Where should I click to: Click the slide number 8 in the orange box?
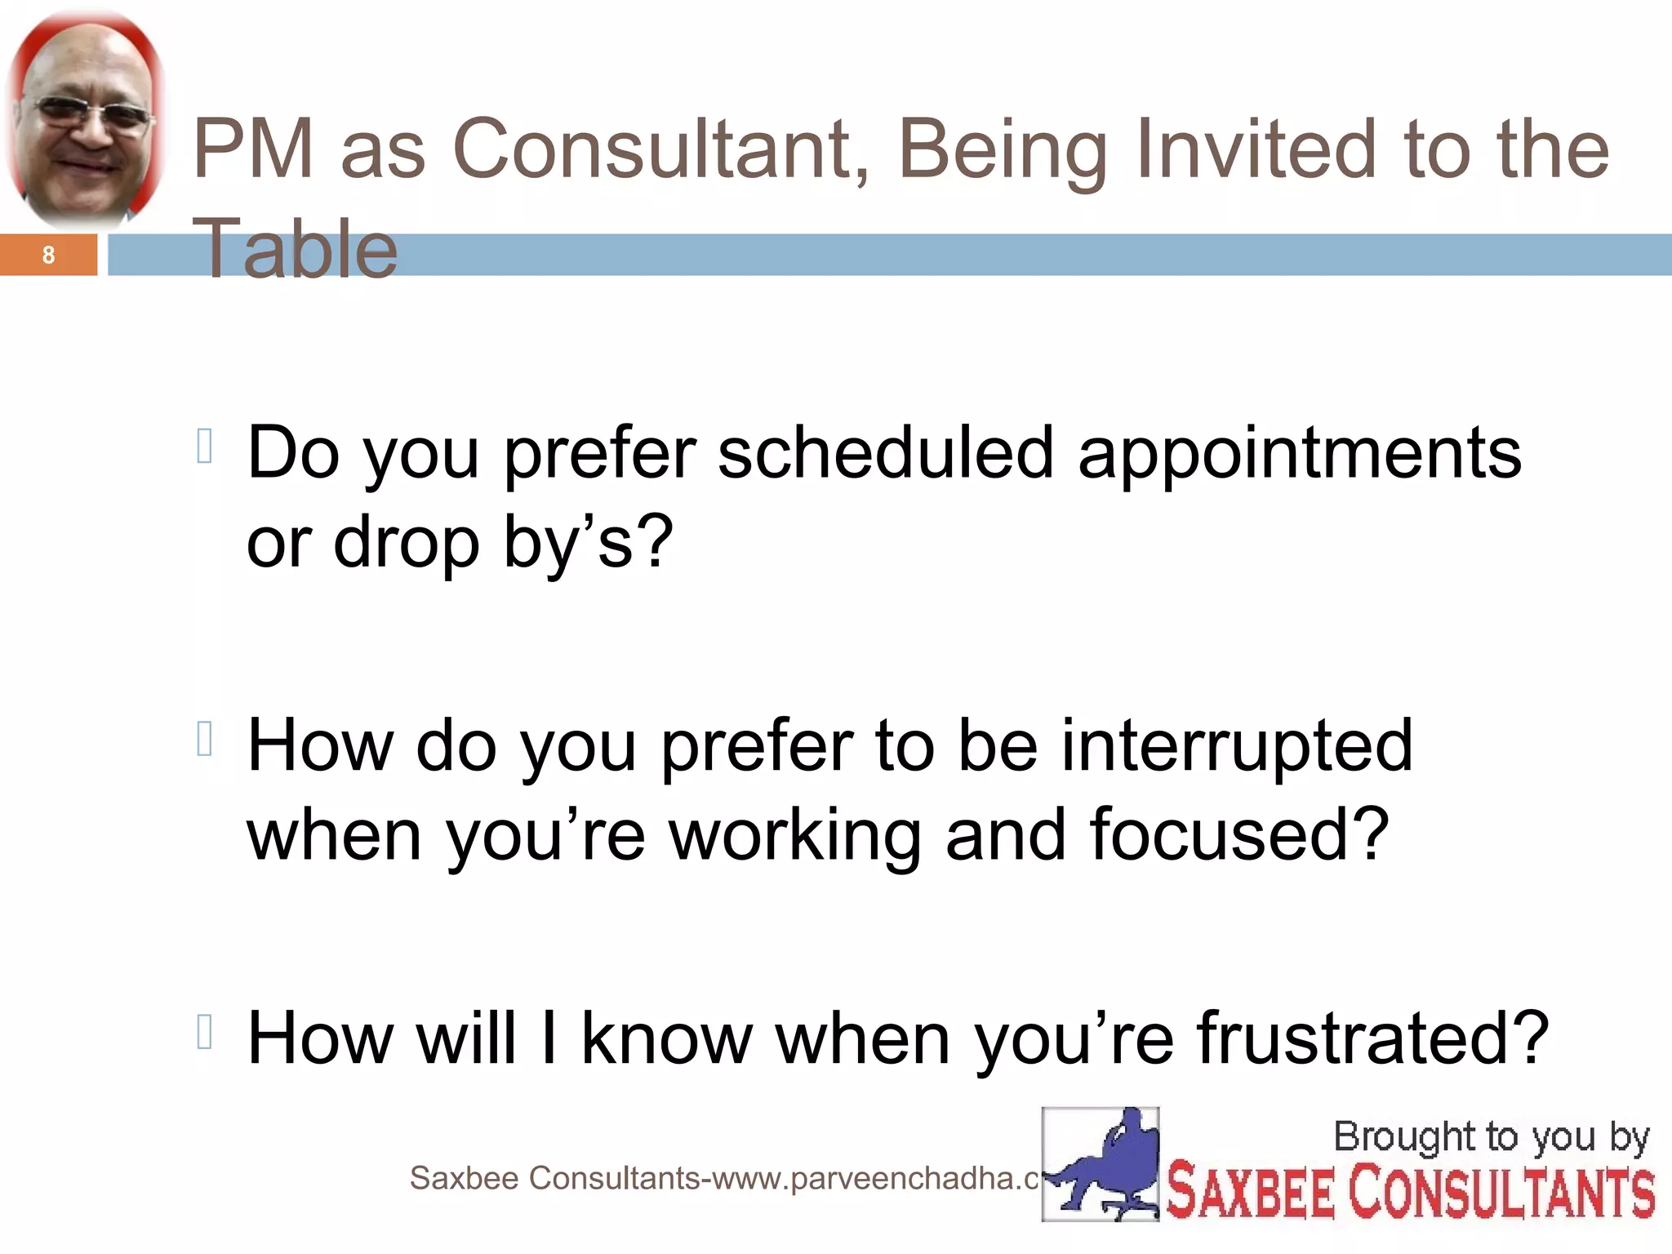click(x=48, y=256)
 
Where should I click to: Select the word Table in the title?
click(x=297, y=249)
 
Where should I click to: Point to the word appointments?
click(x=1300, y=454)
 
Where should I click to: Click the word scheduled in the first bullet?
click(x=886, y=454)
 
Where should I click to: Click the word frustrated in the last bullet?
click(x=1372, y=1038)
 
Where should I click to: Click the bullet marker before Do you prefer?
click(x=205, y=447)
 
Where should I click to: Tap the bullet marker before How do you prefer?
click(x=205, y=739)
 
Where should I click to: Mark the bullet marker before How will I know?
click(x=205, y=1031)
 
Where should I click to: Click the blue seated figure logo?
click(x=1101, y=1163)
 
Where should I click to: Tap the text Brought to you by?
click(x=1491, y=1136)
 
